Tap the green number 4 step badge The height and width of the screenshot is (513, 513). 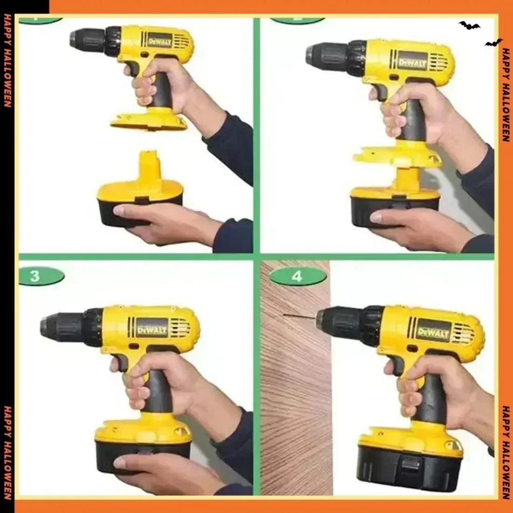[x=297, y=276]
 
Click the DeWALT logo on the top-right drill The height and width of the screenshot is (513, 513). [x=412, y=62]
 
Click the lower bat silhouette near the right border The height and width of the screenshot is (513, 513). [x=493, y=43]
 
